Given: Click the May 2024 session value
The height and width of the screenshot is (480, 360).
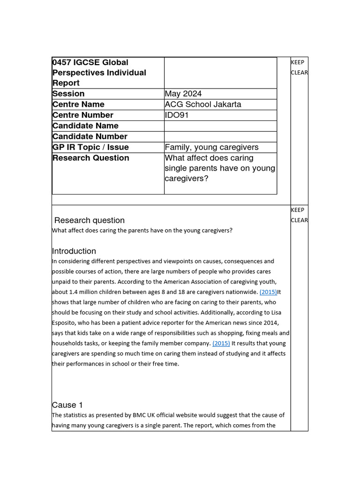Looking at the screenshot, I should coord(184,94).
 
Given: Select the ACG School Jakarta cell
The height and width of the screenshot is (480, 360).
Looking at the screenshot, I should coord(203,105).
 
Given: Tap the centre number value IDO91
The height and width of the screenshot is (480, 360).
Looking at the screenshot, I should coord(177,115).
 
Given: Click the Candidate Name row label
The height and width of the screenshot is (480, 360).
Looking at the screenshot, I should coord(85,126).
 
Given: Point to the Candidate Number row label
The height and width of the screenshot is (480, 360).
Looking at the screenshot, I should coord(90,137).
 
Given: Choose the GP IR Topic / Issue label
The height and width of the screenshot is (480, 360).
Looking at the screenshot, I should coord(90,148).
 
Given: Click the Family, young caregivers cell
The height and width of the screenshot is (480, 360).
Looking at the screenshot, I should coord(211,148).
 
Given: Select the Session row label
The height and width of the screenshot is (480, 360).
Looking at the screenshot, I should coord(68,94).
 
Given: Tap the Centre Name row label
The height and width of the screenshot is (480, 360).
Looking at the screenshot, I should coord(78,105).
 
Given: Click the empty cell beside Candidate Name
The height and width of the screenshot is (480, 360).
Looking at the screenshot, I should coord(220,126).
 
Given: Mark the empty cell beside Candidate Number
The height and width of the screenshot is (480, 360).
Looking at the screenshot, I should coord(220,137).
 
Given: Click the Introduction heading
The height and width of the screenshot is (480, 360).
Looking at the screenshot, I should coord(74,251).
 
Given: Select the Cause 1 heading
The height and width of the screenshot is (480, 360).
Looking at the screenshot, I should coord(67,405).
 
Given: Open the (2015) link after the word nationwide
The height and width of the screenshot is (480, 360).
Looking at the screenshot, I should coord(268,292).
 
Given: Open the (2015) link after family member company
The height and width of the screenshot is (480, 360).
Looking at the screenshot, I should coord(221,344).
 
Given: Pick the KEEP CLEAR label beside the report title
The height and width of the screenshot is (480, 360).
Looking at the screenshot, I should coord(299,67).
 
